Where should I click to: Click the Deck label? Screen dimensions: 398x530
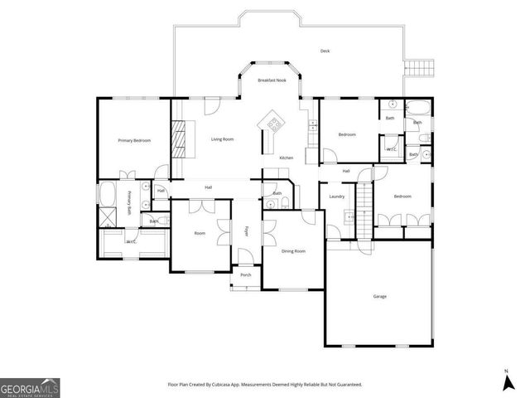point(325,51)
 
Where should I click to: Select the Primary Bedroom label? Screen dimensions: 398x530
point(134,141)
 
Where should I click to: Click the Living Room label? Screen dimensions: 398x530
point(222,139)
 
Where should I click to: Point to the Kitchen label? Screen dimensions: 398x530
point(286,158)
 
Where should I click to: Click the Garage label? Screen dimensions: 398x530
point(380,296)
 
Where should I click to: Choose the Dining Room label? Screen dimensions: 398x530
point(294,250)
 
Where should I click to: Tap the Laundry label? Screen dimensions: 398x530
point(336,197)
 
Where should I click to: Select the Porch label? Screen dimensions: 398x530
point(246,274)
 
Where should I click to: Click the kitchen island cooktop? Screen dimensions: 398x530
point(272,124)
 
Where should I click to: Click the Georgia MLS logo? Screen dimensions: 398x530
point(30,386)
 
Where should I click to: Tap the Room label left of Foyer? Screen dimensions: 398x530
point(200,234)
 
